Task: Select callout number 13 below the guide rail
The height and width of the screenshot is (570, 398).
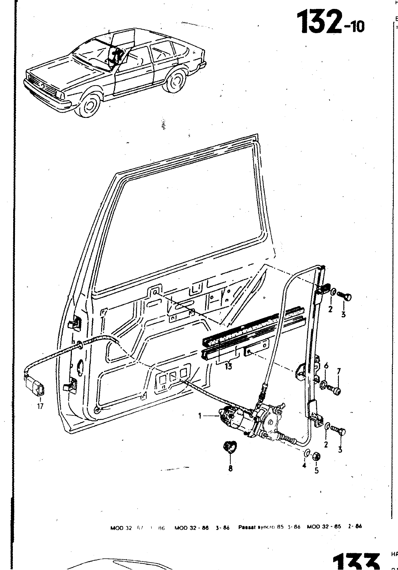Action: pyautogui.click(x=228, y=366)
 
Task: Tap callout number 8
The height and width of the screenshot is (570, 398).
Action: pyautogui.click(x=230, y=468)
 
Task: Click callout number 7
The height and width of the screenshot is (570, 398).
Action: pyautogui.click(x=339, y=371)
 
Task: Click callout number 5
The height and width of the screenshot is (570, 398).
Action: pyautogui.click(x=316, y=471)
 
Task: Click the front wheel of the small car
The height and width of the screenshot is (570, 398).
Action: pyautogui.click(x=88, y=106)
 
